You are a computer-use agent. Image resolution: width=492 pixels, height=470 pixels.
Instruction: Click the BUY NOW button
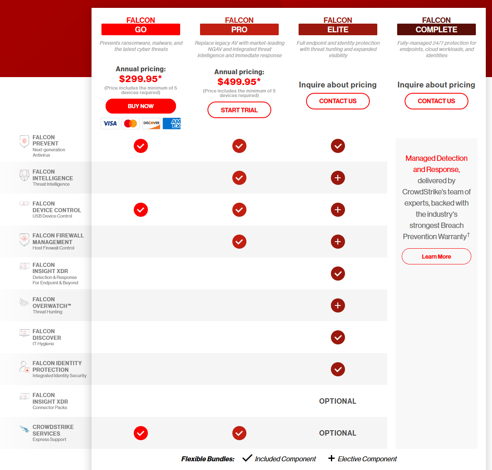click(141, 106)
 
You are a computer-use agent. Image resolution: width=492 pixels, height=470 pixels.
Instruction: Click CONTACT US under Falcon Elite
click(338, 101)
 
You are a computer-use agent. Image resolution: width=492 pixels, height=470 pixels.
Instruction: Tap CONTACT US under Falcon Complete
click(437, 101)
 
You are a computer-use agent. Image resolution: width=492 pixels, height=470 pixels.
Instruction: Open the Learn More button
click(437, 257)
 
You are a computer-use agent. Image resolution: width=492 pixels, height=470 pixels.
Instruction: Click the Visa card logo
click(110, 124)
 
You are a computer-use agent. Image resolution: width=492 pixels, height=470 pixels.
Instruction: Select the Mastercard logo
click(130, 124)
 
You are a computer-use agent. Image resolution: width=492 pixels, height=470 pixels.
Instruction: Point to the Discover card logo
click(151, 124)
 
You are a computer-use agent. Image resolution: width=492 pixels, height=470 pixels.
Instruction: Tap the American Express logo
click(172, 124)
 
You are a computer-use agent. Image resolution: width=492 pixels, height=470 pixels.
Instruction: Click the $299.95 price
click(140, 79)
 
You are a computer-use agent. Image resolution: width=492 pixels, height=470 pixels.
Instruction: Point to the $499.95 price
click(239, 82)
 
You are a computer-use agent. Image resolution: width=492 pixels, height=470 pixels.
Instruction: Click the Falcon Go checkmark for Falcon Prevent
click(141, 146)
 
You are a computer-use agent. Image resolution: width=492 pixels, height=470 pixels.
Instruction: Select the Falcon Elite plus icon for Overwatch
click(338, 305)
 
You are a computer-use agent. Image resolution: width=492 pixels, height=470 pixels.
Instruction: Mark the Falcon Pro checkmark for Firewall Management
click(239, 242)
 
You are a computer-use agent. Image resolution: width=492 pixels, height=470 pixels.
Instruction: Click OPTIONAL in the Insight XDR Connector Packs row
click(338, 401)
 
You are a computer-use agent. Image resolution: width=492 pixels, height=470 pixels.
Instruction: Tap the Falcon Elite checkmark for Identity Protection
click(338, 369)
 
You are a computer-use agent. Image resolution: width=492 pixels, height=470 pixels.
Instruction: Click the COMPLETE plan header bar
click(437, 29)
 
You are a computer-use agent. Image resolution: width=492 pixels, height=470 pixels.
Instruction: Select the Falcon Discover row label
click(46, 337)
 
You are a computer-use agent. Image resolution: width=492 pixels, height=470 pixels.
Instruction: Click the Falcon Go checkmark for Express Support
click(141, 433)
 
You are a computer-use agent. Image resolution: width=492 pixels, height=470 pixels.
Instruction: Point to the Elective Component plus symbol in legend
click(331, 458)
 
